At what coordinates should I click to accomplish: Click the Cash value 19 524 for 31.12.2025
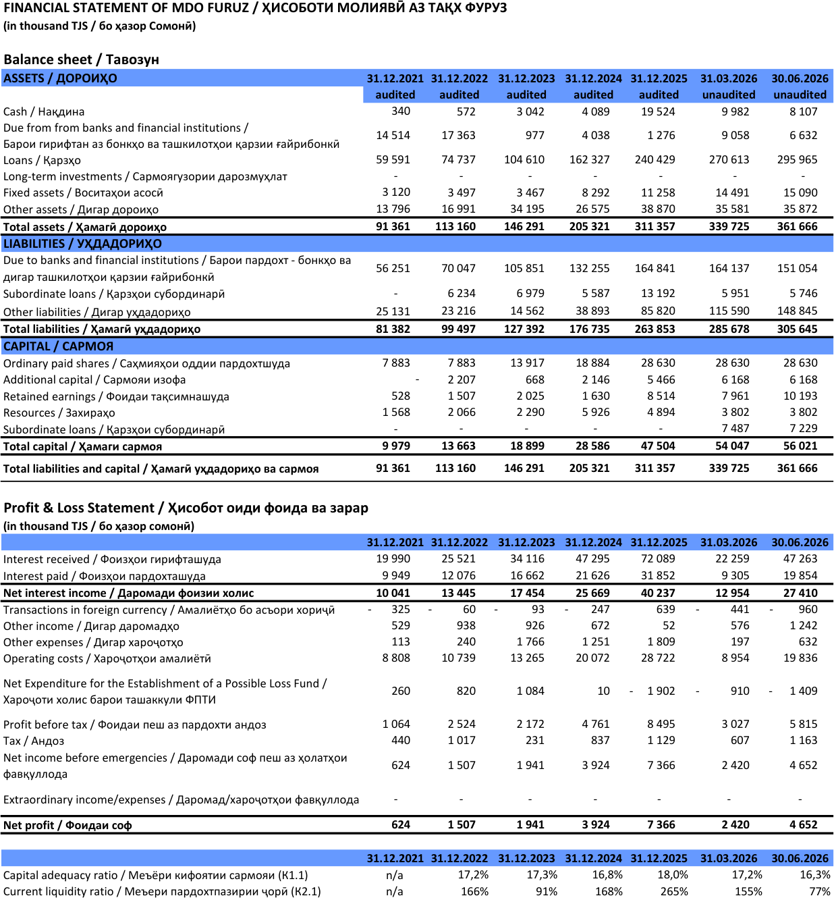tap(658, 111)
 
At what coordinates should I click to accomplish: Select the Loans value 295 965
tap(797, 159)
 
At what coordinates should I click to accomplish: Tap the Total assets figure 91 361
tap(393, 227)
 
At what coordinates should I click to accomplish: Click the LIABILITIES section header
tap(82, 244)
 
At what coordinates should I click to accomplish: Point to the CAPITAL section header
tap(58, 346)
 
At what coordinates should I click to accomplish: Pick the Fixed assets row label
tap(83, 193)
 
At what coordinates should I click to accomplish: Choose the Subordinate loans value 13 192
tap(658, 294)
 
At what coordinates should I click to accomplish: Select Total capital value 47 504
tap(658, 446)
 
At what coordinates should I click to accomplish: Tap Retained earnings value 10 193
tap(800, 396)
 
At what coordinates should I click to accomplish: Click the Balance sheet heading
tap(82, 59)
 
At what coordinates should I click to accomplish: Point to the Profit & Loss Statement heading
tap(186, 508)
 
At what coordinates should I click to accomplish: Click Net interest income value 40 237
tap(658, 593)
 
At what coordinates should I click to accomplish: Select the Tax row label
tap(34, 741)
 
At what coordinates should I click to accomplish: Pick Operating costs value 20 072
tap(592, 658)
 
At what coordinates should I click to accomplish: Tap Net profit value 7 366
tap(661, 825)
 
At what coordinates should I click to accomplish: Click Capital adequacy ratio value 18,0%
tap(673, 874)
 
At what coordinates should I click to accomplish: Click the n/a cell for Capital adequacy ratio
tap(395, 875)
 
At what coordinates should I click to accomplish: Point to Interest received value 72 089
tap(658, 559)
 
